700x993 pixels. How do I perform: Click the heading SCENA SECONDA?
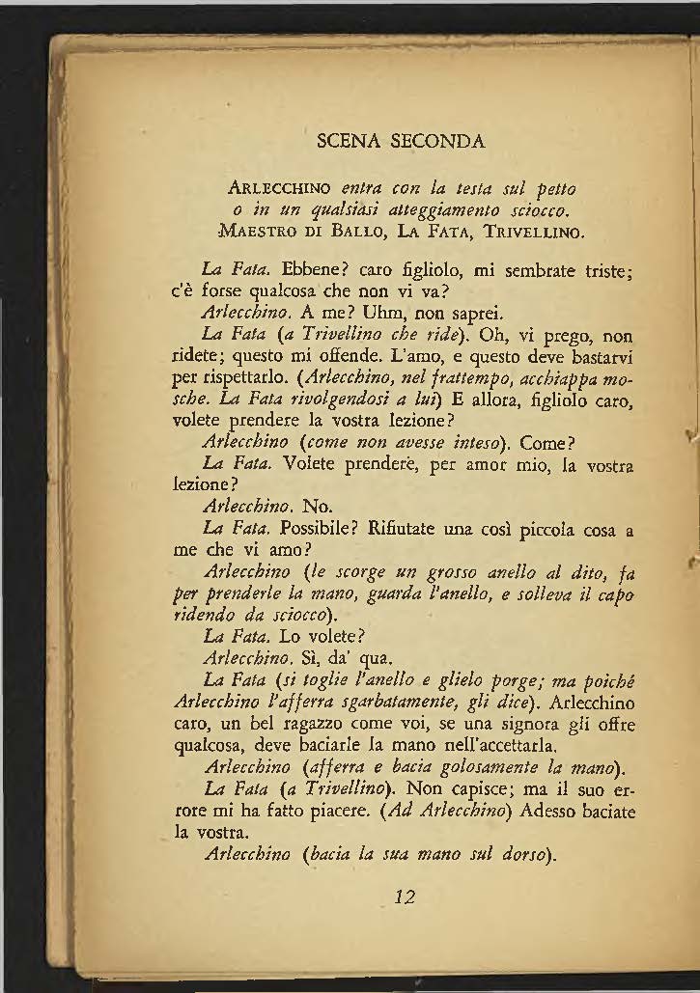click(x=400, y=142)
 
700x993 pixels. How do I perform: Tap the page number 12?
click(x=406, y=896)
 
